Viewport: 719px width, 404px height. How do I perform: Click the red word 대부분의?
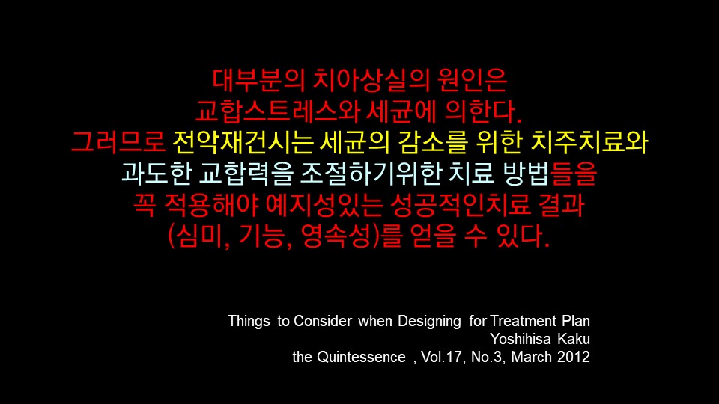[258, 80]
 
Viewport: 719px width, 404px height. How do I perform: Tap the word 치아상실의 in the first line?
[371, 80]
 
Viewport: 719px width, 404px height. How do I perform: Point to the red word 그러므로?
[118, 141]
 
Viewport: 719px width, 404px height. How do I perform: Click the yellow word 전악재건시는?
[243, 141]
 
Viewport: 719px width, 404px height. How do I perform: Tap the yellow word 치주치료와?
[589, 141]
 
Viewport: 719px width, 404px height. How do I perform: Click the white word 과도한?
[156, 173]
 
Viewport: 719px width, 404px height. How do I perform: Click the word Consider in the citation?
[323, 321]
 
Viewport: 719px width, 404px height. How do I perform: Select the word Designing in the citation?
[429, 322]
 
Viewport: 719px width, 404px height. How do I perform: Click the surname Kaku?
[574, 339]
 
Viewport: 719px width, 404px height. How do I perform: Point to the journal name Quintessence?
[361, 357]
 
